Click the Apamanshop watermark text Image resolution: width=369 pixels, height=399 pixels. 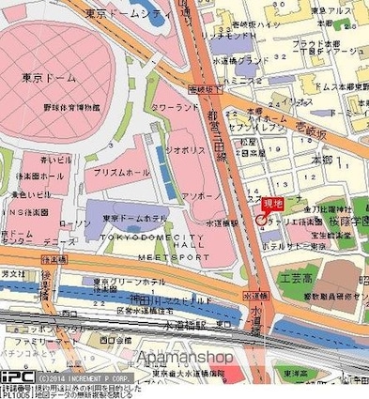[184, 358]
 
